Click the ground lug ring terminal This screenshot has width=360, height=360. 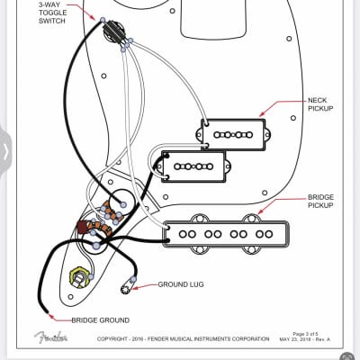click(x=127, y=289)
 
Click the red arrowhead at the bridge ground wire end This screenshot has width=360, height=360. click(x=50, y=318)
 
